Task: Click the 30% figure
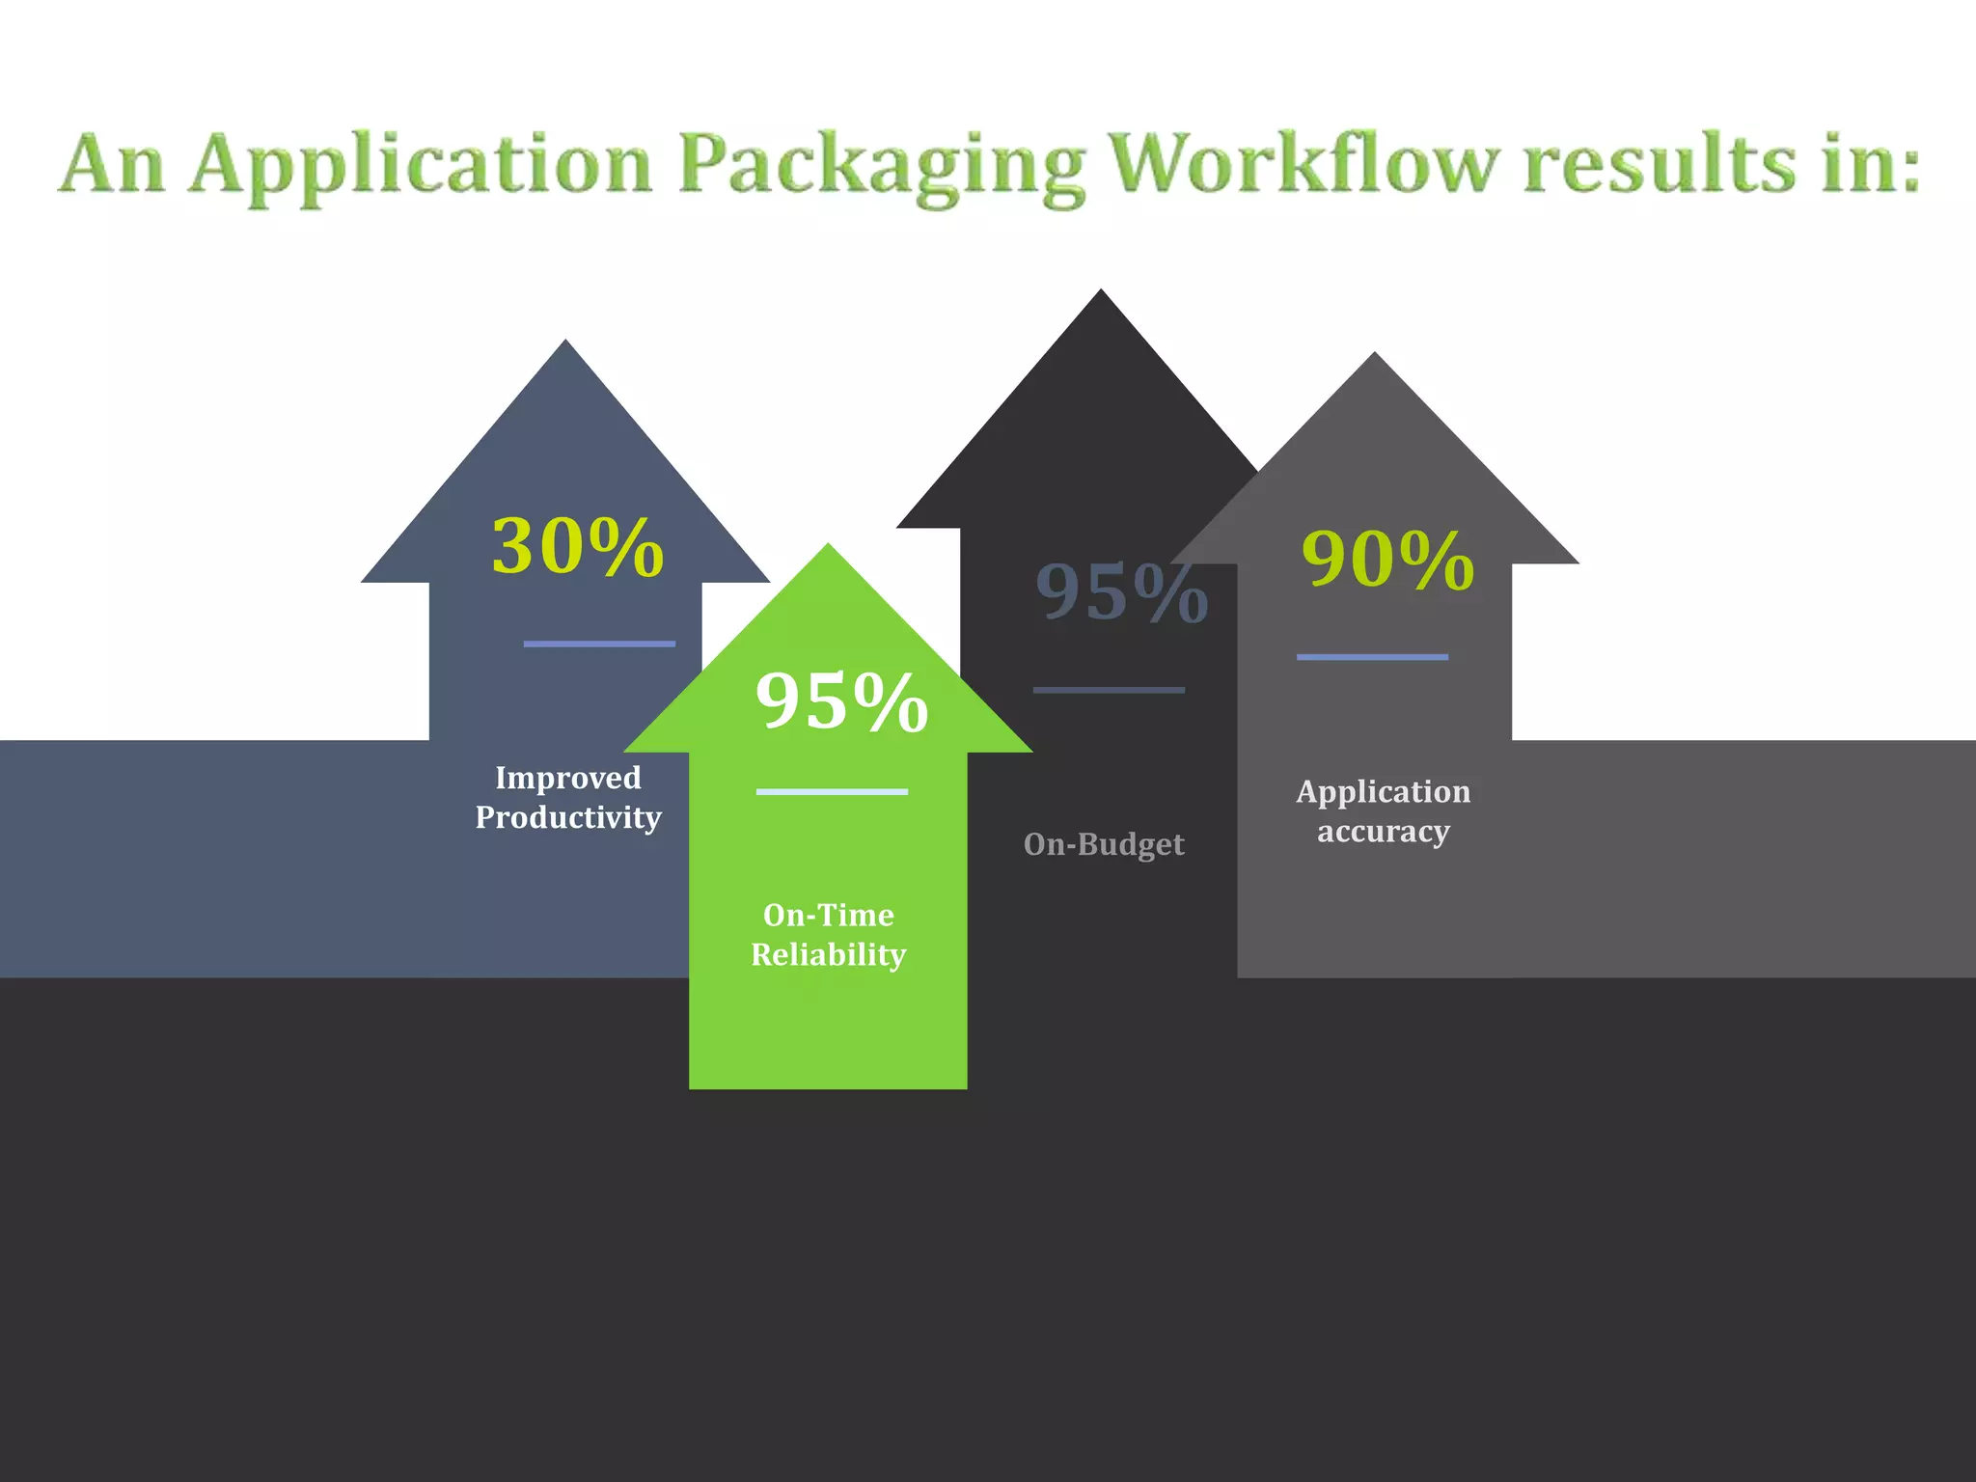578,547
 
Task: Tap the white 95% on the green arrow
841,701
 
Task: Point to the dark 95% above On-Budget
1121,592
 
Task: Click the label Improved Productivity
568,798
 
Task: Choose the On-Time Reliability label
828,935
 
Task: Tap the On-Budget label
1104,845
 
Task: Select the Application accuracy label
1384,811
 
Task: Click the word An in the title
112,164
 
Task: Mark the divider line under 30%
599,644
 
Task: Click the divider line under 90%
1372,657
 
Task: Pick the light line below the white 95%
832,792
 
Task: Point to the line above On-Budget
1109,690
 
